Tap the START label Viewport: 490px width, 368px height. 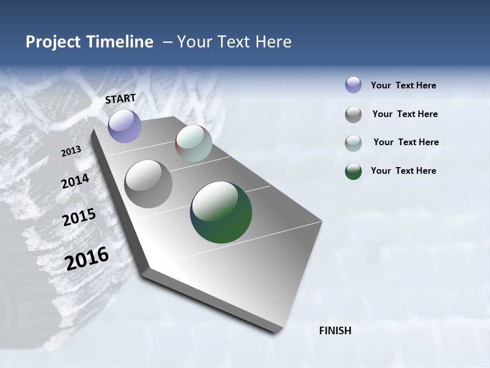click(120, 99)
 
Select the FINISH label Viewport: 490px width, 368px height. click(335, 331)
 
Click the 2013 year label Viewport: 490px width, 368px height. click(71, 151)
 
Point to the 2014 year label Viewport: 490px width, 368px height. click(76, 181)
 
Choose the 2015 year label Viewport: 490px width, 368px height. click(79, 217)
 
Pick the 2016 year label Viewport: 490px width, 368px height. click(87, 258)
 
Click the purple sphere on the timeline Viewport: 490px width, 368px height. click(125, 126)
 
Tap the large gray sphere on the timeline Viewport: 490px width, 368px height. click(148, 184)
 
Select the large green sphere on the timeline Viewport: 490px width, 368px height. click(221, 212)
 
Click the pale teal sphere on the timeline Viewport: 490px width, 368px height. click(193, 143)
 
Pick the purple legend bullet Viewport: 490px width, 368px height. click(353, 85)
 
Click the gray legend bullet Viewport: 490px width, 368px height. click(353, 114)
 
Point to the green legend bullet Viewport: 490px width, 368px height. click(353, 171)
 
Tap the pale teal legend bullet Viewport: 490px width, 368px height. click(353, 143)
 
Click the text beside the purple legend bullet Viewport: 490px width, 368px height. click(403, 86)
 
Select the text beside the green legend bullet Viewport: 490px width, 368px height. click(403, 171)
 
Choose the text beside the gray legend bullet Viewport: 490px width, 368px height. click(405, 114)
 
